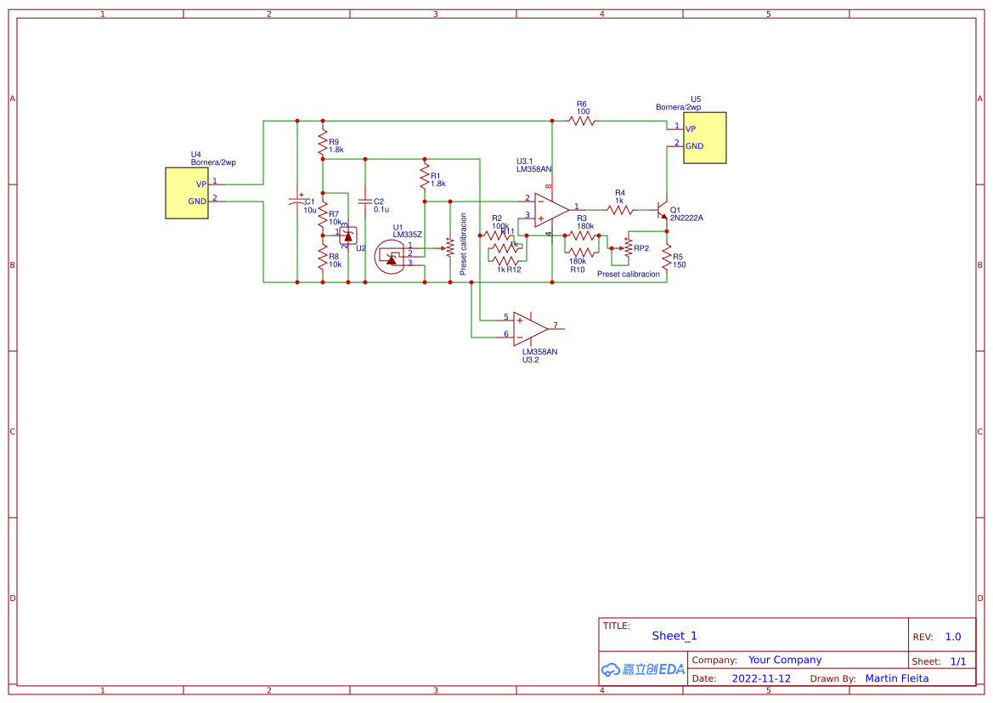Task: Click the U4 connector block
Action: (x=187, y=193)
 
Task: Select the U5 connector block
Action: (x=705, y=138)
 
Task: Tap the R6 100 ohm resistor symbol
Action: (x=582, y=122)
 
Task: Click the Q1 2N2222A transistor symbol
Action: (x=662, y=210)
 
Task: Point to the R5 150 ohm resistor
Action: (x=667, y=258)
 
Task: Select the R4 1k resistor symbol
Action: (x=620, y=209)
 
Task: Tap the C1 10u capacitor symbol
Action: (x=296, y=201)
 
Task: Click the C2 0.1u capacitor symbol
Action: (x=364, y=201)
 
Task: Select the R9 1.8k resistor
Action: (x=323, y=139)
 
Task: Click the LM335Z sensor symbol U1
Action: (x=391, y=254)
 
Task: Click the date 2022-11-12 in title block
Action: (x=761, y=678)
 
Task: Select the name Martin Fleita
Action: (x=896, y=678)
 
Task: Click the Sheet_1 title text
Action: (x=674, y=636)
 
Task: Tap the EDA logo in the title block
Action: (x=643, y=669)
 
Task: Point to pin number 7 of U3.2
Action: (x=555, y=326)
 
